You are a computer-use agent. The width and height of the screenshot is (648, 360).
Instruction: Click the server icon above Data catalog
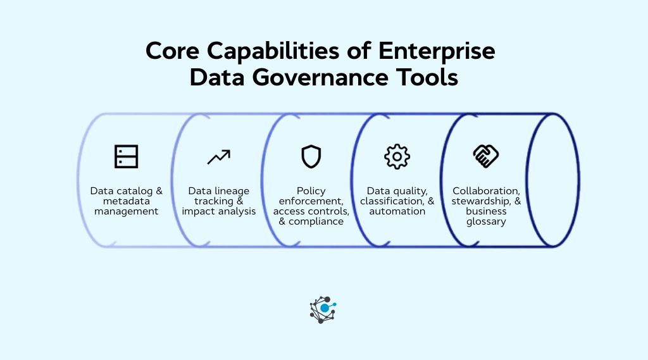pyautogui.click(x=126, y=156)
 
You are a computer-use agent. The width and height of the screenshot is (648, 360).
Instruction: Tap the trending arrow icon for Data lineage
pyautogui.click(x=219, y=156)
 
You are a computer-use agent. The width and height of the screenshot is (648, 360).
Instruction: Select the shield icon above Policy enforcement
pyautogui.click(x=311, y=156)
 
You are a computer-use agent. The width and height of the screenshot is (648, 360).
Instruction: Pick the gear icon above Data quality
pyautogui.click(x=397, y=156)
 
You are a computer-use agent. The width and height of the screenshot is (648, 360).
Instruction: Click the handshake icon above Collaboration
pyautogui.click(x=486, y=156)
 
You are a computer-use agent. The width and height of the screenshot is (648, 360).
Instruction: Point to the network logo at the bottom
pyautogui.click(x=323, y=309)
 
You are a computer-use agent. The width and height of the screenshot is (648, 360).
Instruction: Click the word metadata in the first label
pyautogui.click(x=127, y=201)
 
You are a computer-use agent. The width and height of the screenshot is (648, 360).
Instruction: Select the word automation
pyautogui.click(x=397, y=211)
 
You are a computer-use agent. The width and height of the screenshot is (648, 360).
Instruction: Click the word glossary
pyautogui.click(x=486, y=221)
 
